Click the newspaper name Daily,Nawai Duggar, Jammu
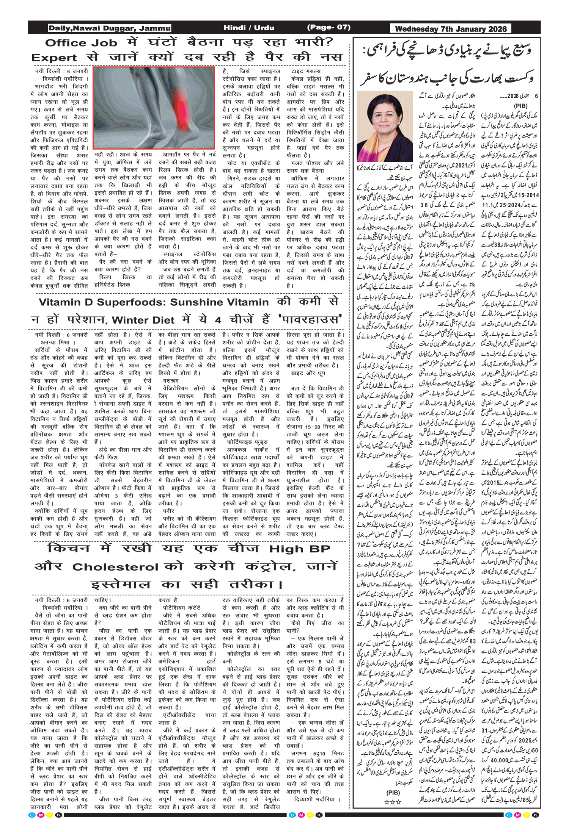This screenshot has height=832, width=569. pos(109,28)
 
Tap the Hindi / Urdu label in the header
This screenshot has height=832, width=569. pos(248,28)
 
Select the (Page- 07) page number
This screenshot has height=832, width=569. pos(329,27)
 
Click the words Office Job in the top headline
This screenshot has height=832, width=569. pos(81,43)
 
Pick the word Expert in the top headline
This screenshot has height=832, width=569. pos(54,58)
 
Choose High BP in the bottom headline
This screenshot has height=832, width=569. pos(300,549)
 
